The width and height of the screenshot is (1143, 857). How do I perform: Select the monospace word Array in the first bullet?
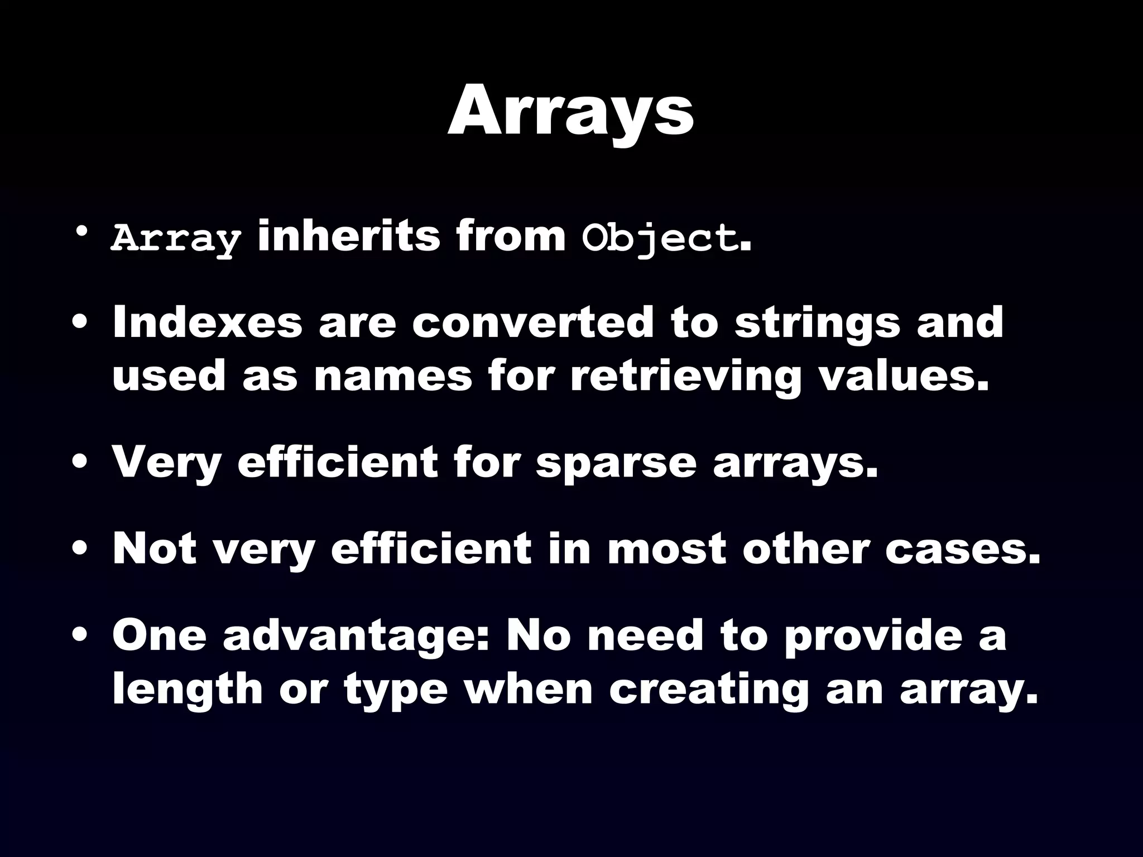click(176, 239)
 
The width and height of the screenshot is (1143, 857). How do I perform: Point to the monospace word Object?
click(659, 239)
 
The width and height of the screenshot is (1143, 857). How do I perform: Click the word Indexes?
click(207, 322)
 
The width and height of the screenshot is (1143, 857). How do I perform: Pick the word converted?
click(532, 322)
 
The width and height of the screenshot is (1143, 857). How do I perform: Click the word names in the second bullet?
click(393, 375)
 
